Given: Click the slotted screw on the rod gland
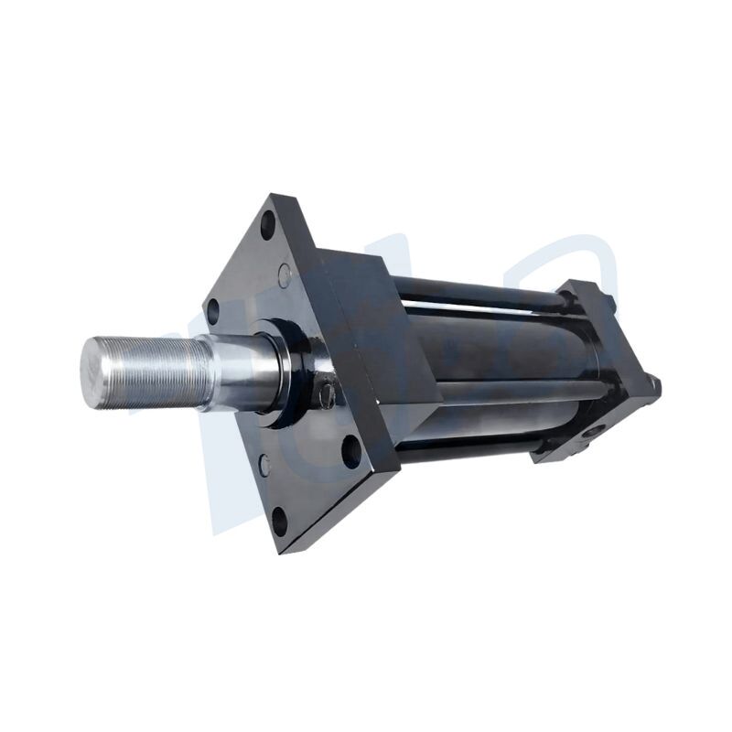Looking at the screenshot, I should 327,395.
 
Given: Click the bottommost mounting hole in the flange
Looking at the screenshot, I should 279,522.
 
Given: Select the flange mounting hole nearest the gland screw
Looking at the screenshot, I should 351,450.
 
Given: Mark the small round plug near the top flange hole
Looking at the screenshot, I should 285,272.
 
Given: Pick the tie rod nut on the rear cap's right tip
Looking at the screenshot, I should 655,388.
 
